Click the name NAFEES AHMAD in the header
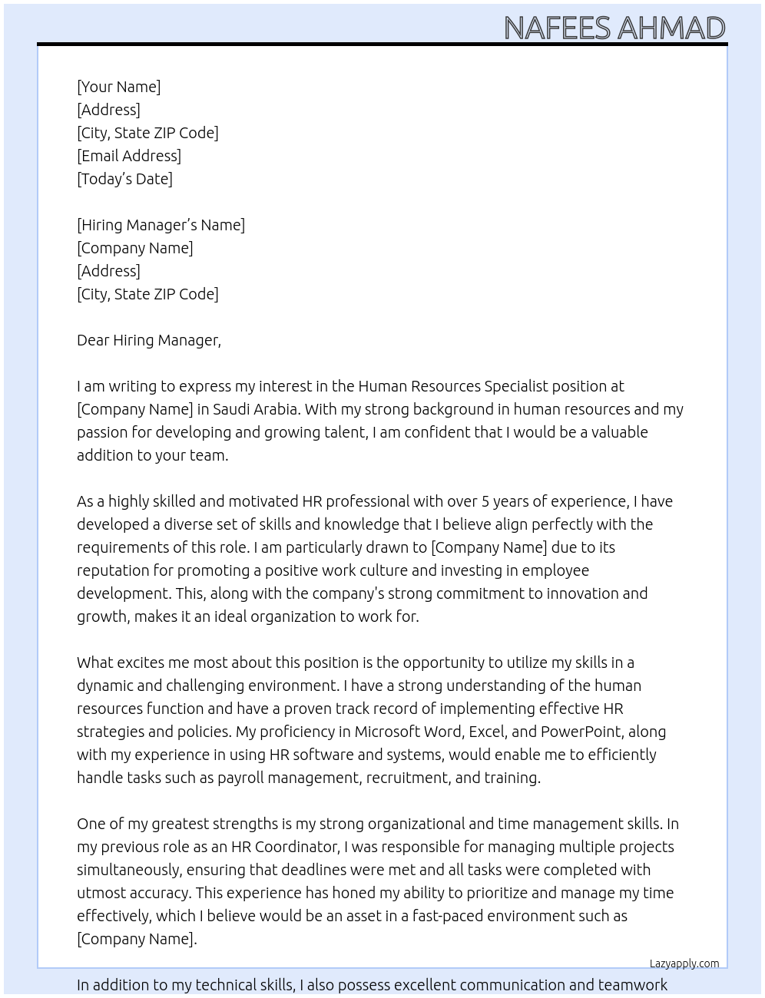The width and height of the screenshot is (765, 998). pyautogui.click(x=614, y=28)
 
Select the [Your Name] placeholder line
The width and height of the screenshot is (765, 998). pyautogui.click(x=119, y=87)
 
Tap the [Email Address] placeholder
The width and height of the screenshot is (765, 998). pyautogui.click(x=129, y=156)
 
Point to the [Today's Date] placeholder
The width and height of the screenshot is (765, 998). pyautogui.click(x=124, y=179)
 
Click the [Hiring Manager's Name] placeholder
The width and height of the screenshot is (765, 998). pyautogui.click(x=161, y=225)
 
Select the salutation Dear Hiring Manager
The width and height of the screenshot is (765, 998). pyautogui.click(x=148, y=340)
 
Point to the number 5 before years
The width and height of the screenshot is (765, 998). pyautogui.click(x=485, y=501)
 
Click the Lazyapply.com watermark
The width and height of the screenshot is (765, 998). pyautogui.click(x=684, y=963)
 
